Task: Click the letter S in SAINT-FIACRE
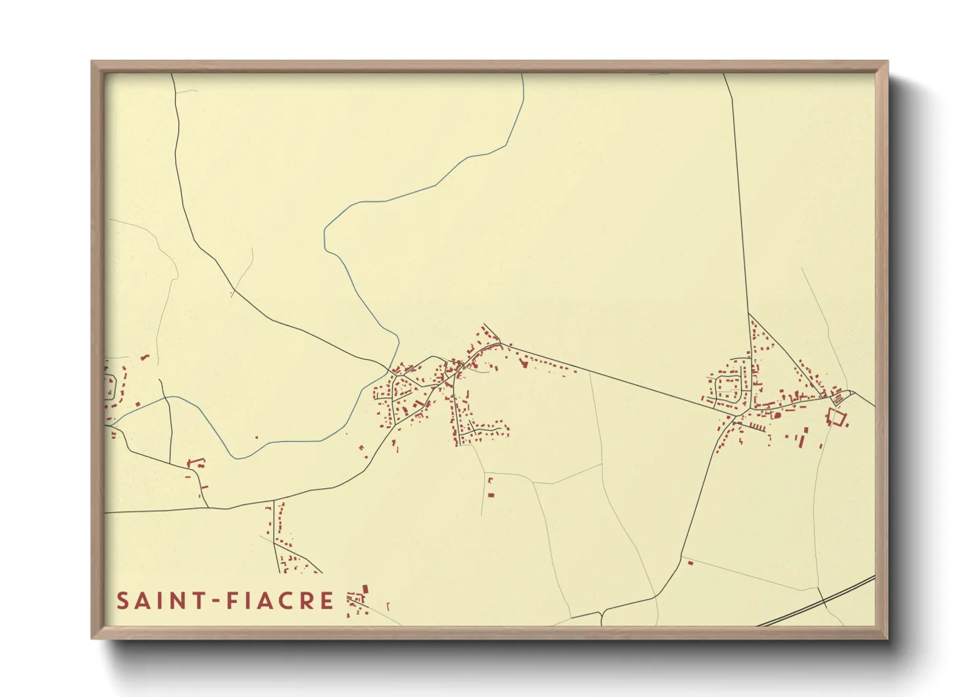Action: click(122, 601)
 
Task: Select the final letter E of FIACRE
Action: click(327, 601)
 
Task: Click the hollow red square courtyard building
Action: click(836, 416)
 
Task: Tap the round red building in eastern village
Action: click(777, 415)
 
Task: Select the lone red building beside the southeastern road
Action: click(690, 563)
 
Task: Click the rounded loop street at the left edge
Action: click(111, 387)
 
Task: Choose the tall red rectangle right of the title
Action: click(365, 589)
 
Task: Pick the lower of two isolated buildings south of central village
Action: click(490, 495)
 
